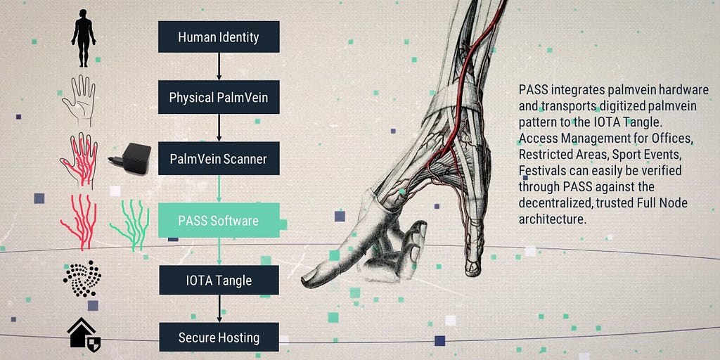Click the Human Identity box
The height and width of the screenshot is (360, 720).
tap(219, 37)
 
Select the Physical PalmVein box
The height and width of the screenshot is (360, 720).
tap(219, 98)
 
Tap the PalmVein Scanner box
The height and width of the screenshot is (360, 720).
tap(219, 159)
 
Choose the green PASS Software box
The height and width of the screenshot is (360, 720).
tap(219, 220)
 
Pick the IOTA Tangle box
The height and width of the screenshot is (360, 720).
tap(219, 280)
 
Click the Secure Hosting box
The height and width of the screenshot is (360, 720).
tap(219, 337)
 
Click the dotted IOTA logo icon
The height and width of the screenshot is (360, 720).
tap(82, 279)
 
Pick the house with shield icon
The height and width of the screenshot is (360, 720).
tap(83, 335)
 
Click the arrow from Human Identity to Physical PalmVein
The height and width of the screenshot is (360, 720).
tap(219, 67)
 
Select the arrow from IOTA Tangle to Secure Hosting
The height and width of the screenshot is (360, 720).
tap(219, 309)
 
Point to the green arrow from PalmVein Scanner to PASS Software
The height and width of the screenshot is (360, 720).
tap(219, 188)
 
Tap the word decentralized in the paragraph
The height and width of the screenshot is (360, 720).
tap(555, 203)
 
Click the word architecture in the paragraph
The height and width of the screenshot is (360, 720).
tap(552, 219)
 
